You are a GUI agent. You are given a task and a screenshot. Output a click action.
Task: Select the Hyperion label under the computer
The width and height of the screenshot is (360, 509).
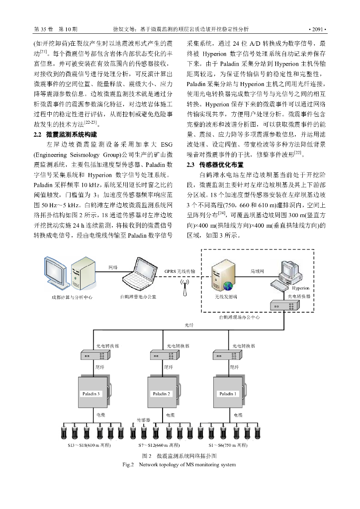(x=300, y=288)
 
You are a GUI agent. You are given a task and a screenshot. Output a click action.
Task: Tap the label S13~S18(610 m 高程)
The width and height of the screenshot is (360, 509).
(x=89, y=445)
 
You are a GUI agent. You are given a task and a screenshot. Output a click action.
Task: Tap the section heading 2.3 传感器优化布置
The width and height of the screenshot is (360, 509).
(x=215, y=165)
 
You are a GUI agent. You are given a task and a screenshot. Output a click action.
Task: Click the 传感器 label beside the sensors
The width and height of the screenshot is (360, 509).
(x=144, y=420)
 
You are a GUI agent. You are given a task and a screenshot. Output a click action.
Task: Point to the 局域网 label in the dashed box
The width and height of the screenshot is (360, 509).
(x=257, y=271)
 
